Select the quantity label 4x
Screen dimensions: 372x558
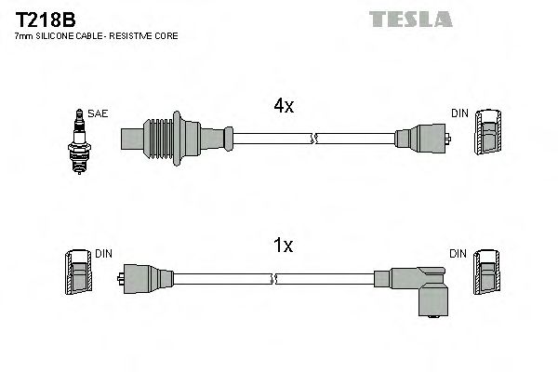tap(284, 106)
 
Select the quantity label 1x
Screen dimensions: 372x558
tap(284, 246)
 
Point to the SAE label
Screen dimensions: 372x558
tap(100, 113)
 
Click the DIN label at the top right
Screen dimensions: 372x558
tap(459, 113)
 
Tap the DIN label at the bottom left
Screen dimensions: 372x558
tap(103, 253)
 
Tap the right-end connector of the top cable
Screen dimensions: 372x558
tap(422, 140)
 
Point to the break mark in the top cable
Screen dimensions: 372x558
tap(315, 140)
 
